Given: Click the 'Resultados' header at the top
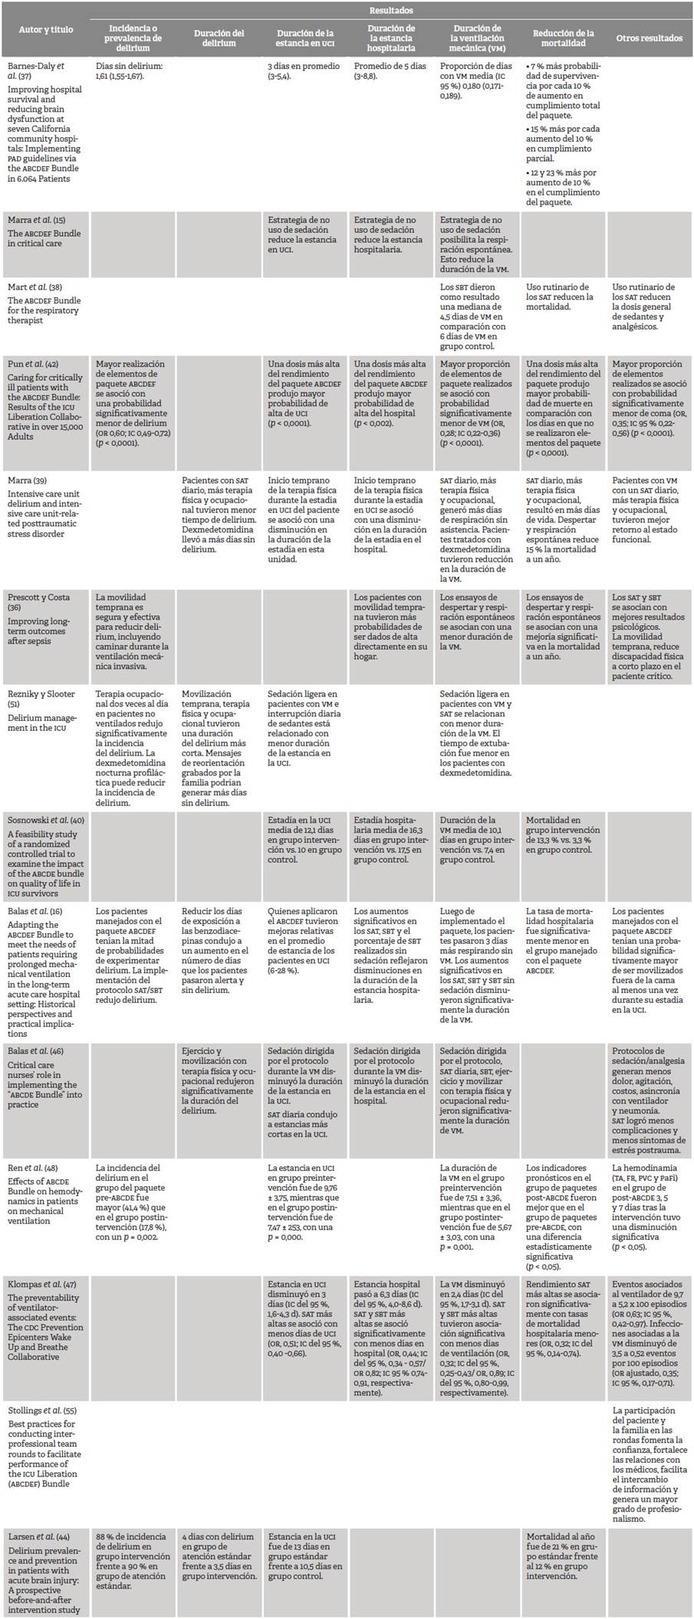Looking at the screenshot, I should [391, 10].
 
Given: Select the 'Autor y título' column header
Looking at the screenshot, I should [46, 30].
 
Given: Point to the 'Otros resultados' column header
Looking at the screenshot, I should [650, 38].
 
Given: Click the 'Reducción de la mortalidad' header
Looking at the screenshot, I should [564, 38].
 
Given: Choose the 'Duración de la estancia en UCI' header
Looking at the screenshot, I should [305, 38].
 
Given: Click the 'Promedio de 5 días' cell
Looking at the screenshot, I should [390, 71].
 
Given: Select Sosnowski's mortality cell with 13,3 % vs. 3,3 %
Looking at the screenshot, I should [563, 834].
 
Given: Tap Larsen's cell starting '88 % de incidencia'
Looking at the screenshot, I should [132, 1556].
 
